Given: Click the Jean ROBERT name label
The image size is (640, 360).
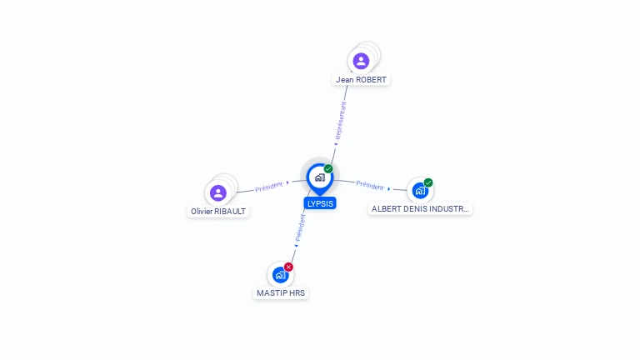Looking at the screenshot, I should pyautogui.click(x=361, y=80).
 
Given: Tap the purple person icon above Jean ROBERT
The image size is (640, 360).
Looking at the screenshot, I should pyautogui.click(x=361, y=60).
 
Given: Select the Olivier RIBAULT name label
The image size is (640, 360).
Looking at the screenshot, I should pyautogui.click(x=218, y=212).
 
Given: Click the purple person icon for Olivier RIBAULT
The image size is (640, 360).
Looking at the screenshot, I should pyautogui.click(x=218, y=192).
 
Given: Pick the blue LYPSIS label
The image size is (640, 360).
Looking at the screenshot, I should pyautogui.click(x=320, y=203).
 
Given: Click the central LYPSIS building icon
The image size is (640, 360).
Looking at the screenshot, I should pyautogui.click(x=319, y=177).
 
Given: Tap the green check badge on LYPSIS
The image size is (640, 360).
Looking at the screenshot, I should pyautogui.click(x=328, y=168).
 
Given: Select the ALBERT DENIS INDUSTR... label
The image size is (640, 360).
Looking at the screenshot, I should pyautogui.click(x=421, y=209).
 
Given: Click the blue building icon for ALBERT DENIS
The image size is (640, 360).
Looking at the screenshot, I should pyautogui.click(x=420, y=190).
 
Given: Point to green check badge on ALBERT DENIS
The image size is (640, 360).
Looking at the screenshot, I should pyautogui.click(x=428, y=182).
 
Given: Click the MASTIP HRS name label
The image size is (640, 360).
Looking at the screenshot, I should pyautogui.click(x=281, y=293).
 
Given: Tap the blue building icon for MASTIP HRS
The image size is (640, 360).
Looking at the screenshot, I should pyautogui.click(x=280, y=274).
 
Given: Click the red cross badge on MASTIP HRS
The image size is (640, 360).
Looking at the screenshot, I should pyautogui.click(x=288, y=267).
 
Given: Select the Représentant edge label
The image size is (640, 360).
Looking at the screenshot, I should pyautogui.click(x=340, y=122).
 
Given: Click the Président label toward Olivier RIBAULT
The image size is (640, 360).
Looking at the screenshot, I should pyautogui.click(x=269, y=187).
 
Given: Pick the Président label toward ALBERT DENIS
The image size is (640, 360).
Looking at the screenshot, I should pyautogui.click(x=370, y=185).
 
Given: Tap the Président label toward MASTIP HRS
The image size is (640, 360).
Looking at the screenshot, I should pyautogui.click(x=300, y=226).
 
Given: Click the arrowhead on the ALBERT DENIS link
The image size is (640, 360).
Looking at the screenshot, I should pyautogui.click(x=389, y=189).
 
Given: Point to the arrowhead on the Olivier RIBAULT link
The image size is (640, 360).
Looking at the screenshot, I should pyautogui.click(x=287, y=183).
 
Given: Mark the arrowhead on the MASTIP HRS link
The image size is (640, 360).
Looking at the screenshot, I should pyautogui.click(x=296, y=245).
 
